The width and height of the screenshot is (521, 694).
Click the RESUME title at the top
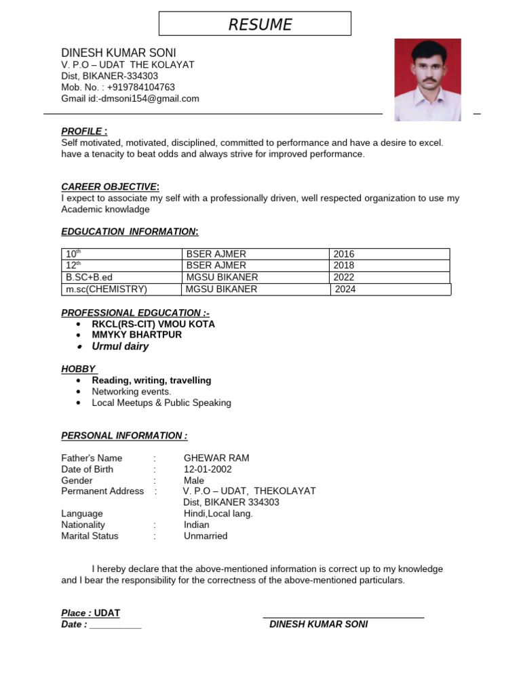tap(260, 25)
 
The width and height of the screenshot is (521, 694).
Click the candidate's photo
tap(427, 80)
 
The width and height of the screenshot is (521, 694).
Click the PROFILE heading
tap(84, 131)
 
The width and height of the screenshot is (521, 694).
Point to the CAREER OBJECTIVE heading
tap(110, 187)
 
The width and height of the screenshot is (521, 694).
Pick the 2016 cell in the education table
tap(344, 254)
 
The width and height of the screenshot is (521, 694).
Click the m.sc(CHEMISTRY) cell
tap(107, 289)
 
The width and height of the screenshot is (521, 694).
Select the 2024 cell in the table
tap(345, 289)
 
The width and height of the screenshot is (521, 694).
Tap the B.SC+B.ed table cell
tap(92, 277)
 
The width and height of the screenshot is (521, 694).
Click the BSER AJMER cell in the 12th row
tap(216, 266)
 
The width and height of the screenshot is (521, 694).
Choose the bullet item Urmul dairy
tap(120, 346)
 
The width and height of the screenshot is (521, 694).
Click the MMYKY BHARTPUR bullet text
tap(137, 335)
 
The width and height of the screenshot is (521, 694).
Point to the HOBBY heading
tap(79, 369)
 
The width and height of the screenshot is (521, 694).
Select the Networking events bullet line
tap(132, 392)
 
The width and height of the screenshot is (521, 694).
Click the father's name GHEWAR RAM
tap(216, 458)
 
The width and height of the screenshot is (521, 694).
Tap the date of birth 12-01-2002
tap(208, 469)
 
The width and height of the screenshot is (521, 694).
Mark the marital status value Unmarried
tap(206, 536)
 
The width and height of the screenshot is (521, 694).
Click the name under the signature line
tap(318, 624)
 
